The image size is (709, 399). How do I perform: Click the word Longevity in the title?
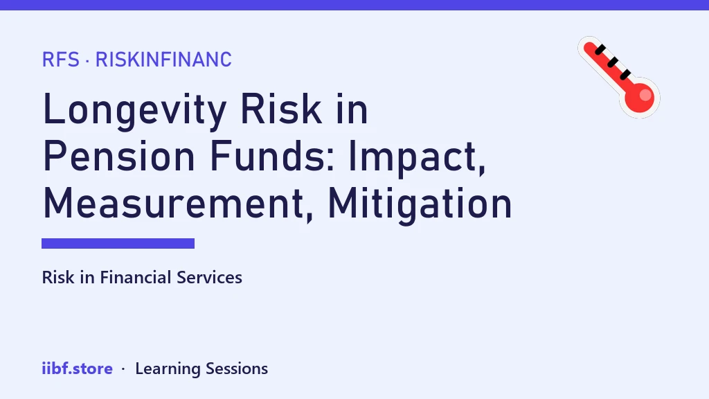[135, 110]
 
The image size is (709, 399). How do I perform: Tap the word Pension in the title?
[119, 156]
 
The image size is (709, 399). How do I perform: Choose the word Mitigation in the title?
[420, 205]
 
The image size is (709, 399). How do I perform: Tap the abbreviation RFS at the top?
[61, 60]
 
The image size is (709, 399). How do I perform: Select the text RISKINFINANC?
[163, 60]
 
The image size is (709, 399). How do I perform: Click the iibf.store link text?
[78, 369]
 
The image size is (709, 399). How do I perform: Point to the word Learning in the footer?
[168, 369]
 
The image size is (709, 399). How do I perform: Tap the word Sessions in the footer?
[237, 369]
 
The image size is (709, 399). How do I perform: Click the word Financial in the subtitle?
[136, 277]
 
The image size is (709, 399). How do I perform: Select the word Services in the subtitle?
[209, 277]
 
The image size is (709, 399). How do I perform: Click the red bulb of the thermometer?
[640, 97]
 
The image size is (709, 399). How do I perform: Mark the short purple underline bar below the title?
[118, 243]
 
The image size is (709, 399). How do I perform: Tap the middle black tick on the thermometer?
[612, 62]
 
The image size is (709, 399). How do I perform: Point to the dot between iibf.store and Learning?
[123, 369]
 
